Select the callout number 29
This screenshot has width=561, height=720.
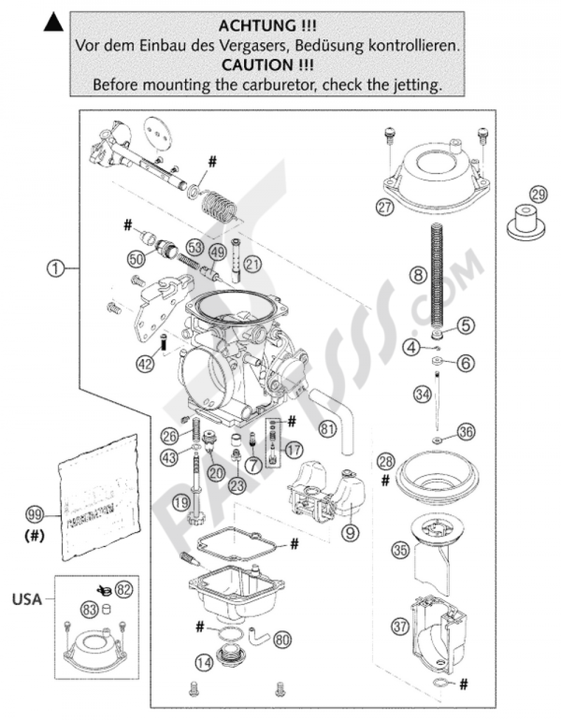point(538,195)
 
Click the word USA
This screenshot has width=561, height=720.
point(27,599)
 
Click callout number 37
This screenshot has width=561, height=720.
point(400,627)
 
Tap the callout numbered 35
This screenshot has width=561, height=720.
point(400,551)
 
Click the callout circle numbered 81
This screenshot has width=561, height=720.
point(328,430)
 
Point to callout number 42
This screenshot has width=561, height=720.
point(145,364)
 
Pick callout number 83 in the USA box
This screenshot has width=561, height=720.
point(91,610)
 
